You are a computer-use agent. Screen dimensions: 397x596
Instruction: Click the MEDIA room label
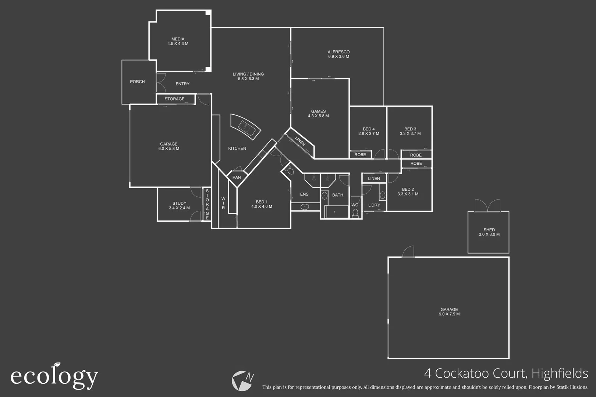(x=178, y=39)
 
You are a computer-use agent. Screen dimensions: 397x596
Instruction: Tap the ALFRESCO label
(x=338, y=52)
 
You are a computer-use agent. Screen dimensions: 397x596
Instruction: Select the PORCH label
(x=137, y=82)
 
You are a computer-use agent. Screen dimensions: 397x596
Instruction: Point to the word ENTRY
(x=182, y=84)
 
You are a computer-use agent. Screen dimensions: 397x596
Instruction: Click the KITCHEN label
(x=237, y=149)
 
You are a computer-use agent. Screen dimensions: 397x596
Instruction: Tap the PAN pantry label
(x=237, y=177)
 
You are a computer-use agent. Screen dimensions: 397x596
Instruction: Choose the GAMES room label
(x=318, y=111)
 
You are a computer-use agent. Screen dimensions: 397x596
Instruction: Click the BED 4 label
(x=369, y=129)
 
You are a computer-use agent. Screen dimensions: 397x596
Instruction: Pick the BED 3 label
(x=410, y=129)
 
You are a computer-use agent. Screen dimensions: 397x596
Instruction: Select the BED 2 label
(x=408, y=189)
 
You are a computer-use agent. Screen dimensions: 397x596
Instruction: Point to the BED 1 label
(x=262, y=202)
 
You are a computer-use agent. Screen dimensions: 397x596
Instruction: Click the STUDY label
(x=179, y=203)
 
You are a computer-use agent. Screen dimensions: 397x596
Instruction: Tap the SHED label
(x=489, y=230)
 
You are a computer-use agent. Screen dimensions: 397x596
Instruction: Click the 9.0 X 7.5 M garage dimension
(x=449, y=314)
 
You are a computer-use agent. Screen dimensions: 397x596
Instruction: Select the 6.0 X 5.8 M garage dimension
(x=169, y=149)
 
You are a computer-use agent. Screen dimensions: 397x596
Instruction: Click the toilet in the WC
(x=355, y=213)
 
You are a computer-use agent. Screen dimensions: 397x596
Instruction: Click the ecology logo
(x=54, y=376)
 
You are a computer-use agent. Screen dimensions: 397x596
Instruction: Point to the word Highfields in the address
(x=560, y=373)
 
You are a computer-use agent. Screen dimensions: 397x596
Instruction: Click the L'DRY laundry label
(x=374, y=205)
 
